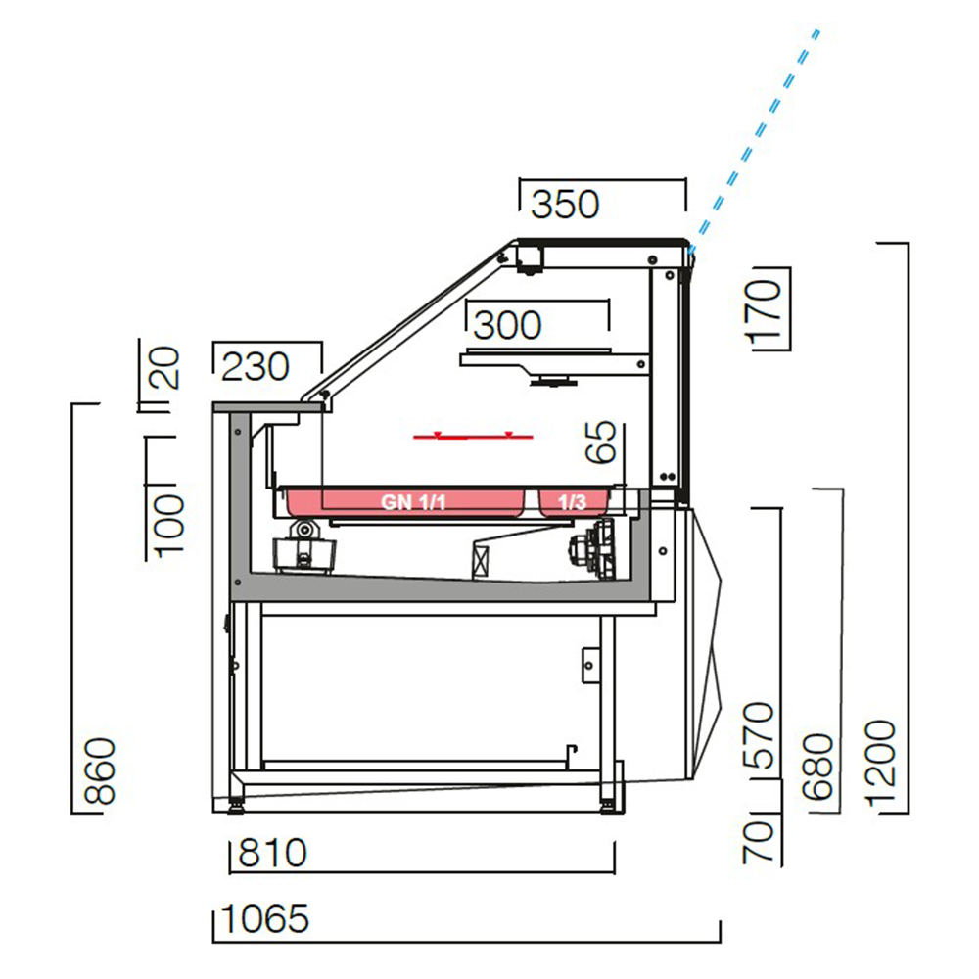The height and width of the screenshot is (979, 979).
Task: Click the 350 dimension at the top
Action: (x=564, y=205)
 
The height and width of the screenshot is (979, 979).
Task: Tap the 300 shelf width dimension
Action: (x=507, y=325)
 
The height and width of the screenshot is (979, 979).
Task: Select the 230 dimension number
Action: (x=256, y=367)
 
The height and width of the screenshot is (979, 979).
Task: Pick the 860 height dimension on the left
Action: (x=101, y=772)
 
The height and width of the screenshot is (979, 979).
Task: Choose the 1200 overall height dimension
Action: (x=880, y=765)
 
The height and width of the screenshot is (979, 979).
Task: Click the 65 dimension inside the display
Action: (x=602, y=443)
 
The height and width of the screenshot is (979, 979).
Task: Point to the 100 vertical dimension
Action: (x=167, y=524)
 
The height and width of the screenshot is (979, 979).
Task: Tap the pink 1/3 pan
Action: (x=574, y=502)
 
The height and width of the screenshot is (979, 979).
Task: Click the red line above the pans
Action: (x=474, y=436)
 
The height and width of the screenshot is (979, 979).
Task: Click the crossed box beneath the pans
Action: (x=480, y=562)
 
